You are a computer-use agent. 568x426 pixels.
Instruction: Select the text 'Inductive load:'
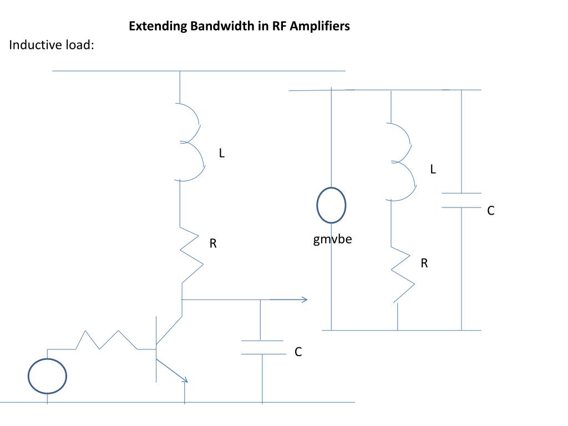click(x=52, y=45)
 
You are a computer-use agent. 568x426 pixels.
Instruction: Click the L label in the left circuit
click(x=221, y=154)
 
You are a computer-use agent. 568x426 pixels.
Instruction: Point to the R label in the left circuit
click(x=212, y=243)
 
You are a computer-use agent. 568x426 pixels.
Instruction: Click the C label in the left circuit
click(x=298, y=352)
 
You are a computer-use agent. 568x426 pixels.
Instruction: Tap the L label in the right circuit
click(x=433, y=170)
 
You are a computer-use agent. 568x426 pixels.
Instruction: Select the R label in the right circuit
click(x=424, y=263)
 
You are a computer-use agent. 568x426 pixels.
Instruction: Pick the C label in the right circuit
click(x=490, y=211)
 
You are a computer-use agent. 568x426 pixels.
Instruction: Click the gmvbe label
click(x=332, y=240)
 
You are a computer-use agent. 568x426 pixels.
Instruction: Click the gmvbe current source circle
click(x=331, y=206)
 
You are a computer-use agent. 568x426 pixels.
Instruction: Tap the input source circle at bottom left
click(x=48, y=376)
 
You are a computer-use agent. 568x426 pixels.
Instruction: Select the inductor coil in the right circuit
click(x=403, y=161)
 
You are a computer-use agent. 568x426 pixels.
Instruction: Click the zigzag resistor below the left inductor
click(x=190, y=256)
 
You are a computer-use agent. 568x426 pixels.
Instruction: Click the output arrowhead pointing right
click(x=303, y=300)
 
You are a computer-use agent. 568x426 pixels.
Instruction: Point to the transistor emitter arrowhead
click(x=185, y=379)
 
